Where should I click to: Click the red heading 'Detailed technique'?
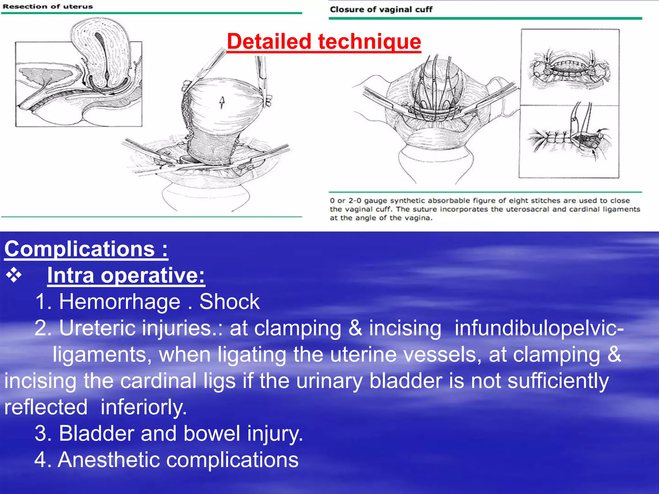pyautogui.click(x=324, y=41)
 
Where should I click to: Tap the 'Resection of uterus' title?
pyautogui.click(x=48, y=6)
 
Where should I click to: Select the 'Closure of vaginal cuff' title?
pyautogui.click(x=381, y=9)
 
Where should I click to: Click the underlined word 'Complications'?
pyautogui.click(x=80, y=249)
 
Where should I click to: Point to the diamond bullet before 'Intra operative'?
pyautogui.click(x=14, y=276)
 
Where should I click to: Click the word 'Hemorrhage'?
pyautogui.click(x=119, y=302)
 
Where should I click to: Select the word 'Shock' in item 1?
pyautogui.click(x=229, y=302)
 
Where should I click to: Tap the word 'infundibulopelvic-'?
pyautogui.click(x=539, y=328)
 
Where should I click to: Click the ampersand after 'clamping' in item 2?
pyautogui.click(x=355, y=328)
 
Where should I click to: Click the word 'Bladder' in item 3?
pyautogui.click(x=96, y=434)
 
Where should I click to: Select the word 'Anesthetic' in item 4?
pyautogui.click(x=108, y=460)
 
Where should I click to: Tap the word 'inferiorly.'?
pyautogui.click(x=144, y=407)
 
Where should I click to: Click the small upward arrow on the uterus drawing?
pyautogui.click(x=222, y=102)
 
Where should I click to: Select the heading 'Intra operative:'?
pyautogui.click(x=126, y=276)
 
